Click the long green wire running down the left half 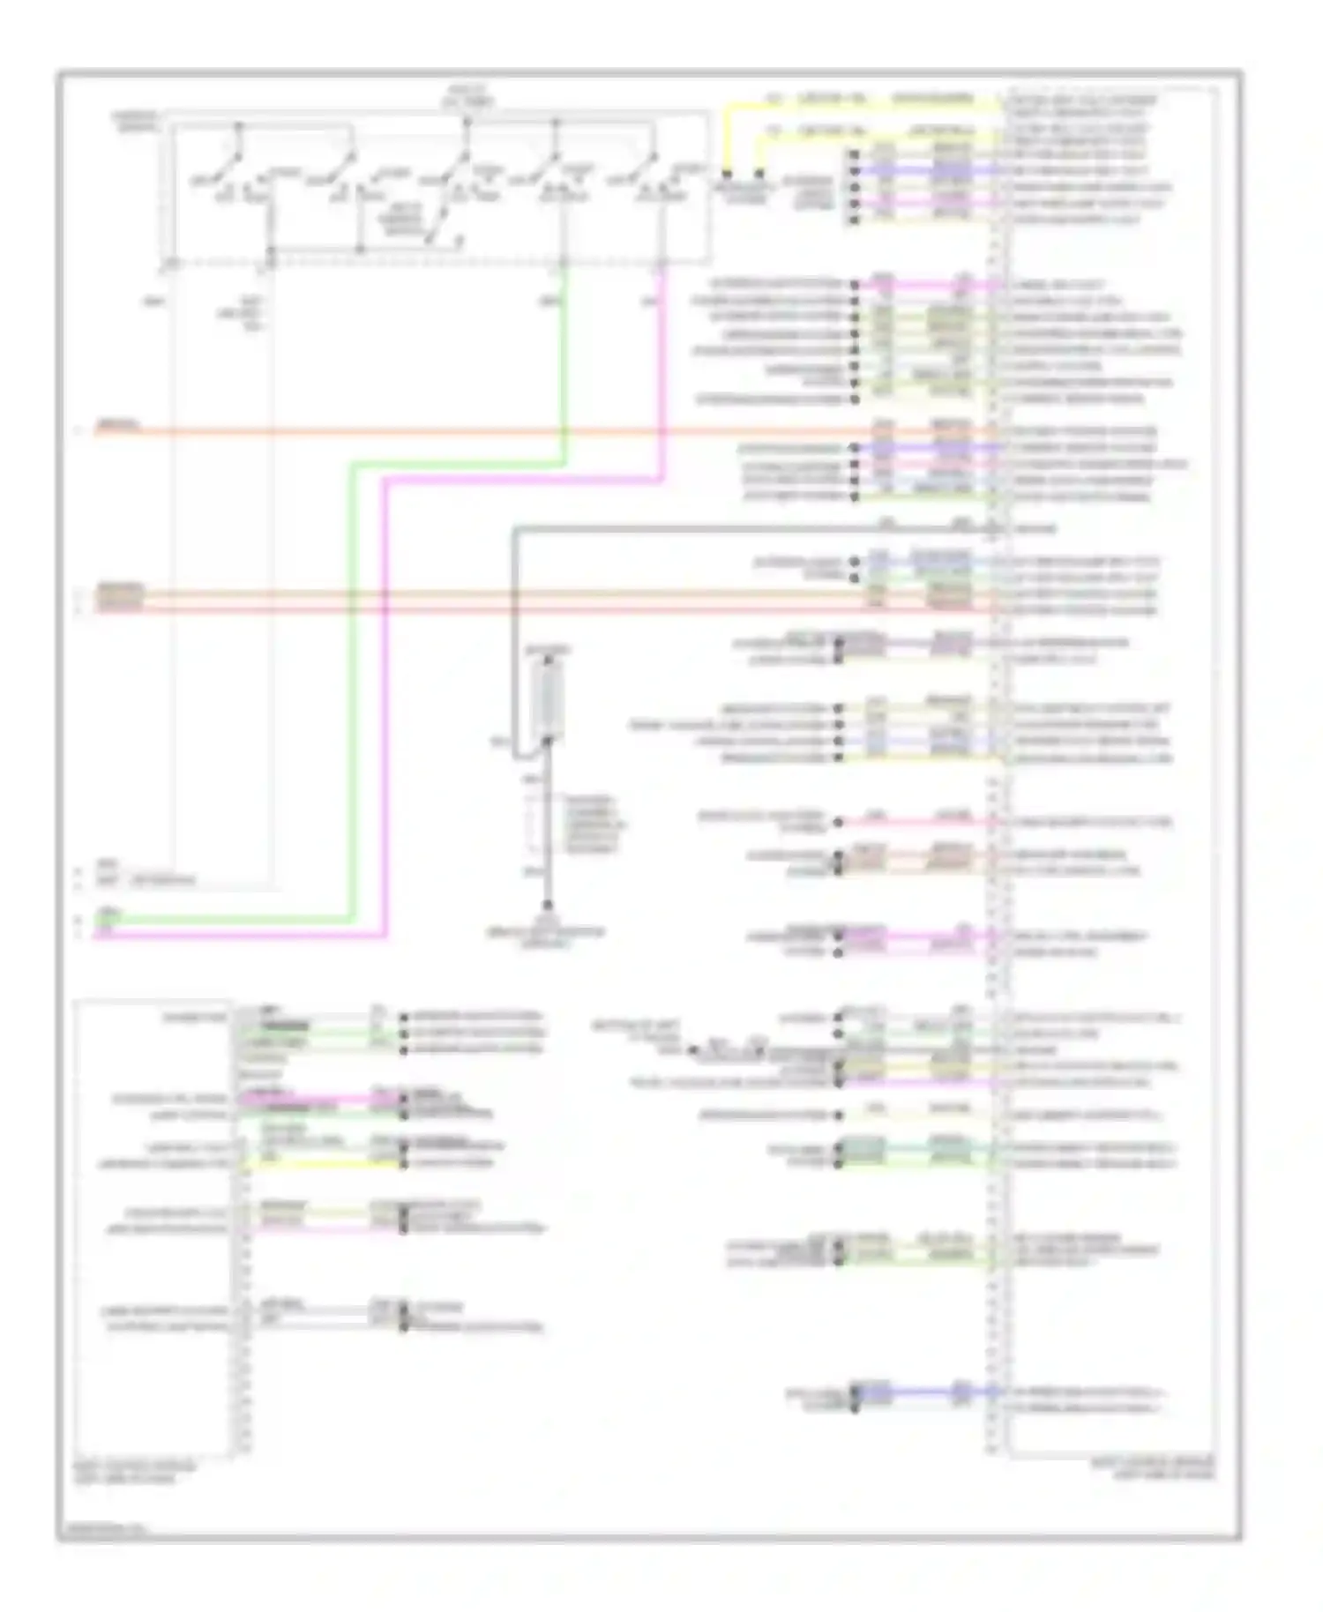(x=351, y=705)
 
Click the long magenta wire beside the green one (x=385, y=705)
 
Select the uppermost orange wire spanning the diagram (x=529, y=431)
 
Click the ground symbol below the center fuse (x=547, y=907)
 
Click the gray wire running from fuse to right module (x=706, y=529)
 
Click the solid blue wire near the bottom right (x=917, y=1392)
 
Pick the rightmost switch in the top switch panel (x=648, y=168)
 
